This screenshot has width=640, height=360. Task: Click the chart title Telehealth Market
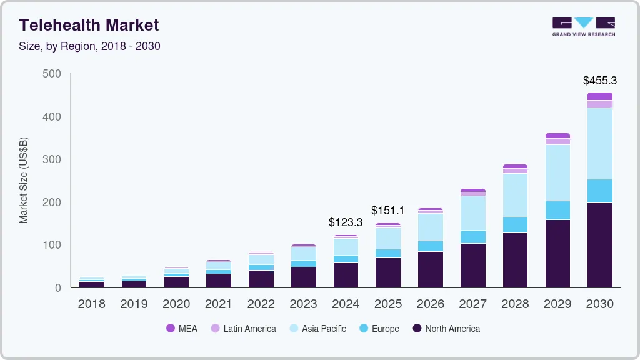point(89,25)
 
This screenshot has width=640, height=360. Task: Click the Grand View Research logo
point(583,27)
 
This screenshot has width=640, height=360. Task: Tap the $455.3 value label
point(599,81)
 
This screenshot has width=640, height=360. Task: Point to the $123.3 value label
point(346,222)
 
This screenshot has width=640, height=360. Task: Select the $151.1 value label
point(387,211)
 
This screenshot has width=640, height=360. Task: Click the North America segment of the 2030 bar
point(599,245)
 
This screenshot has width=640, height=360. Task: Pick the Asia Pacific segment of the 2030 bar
point(599,143)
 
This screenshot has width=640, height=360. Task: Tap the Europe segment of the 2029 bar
point(557,210)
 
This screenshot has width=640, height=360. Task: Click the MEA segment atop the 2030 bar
point(599,96)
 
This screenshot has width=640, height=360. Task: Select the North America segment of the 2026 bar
point(430,269)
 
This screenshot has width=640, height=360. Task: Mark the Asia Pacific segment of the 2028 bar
point(515,195)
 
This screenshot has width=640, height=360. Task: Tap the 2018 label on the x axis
point(91,304)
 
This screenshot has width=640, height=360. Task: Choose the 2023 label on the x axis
point(303,304)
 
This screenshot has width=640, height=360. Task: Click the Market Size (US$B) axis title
point(24,180)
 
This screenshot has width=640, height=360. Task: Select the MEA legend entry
point(181,329)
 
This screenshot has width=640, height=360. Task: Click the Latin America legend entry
point(243,329)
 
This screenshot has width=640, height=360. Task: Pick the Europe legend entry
point(379,329)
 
